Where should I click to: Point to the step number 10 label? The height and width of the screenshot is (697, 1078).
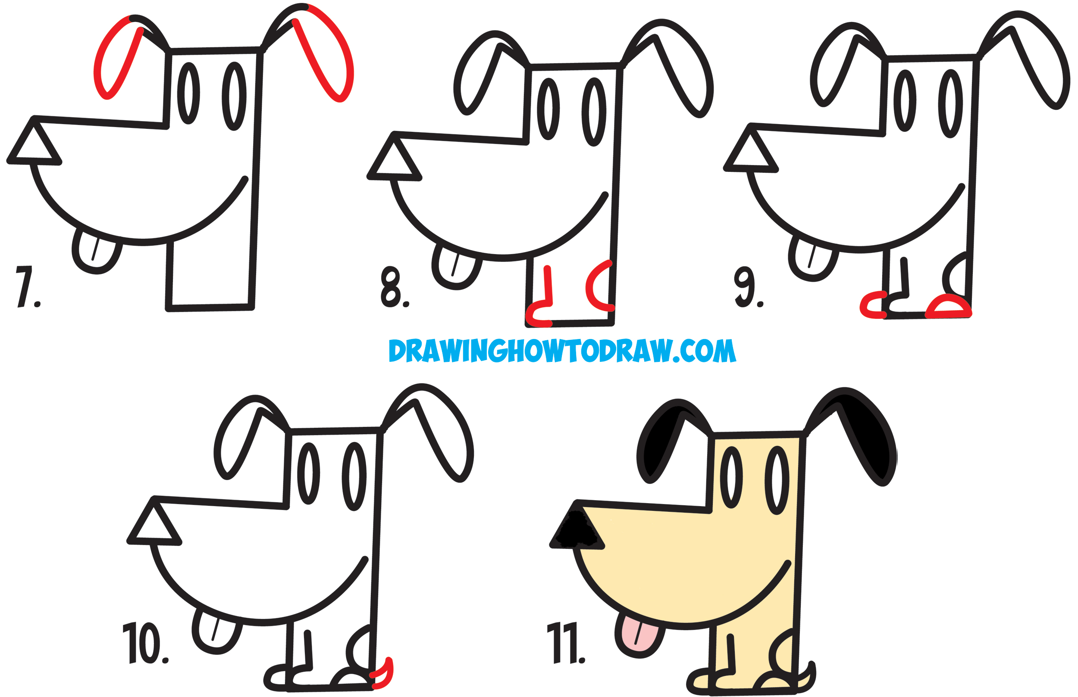(144, 643)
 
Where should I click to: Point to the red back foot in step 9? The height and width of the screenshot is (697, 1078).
(949, 307)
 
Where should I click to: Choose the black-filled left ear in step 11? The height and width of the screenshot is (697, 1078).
(659, 441)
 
